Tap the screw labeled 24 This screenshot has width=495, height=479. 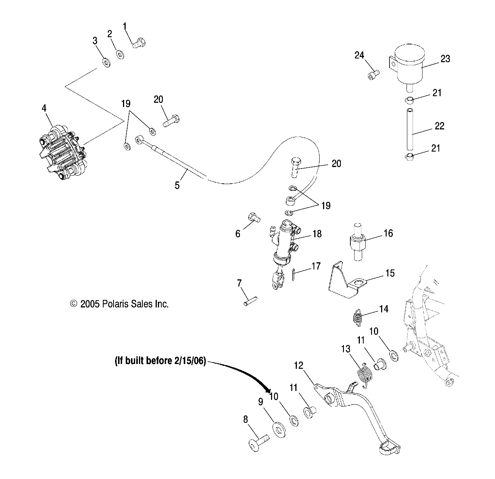pos(373,74)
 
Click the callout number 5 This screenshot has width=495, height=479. pos(177,185)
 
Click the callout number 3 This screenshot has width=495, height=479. pos(95,41)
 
